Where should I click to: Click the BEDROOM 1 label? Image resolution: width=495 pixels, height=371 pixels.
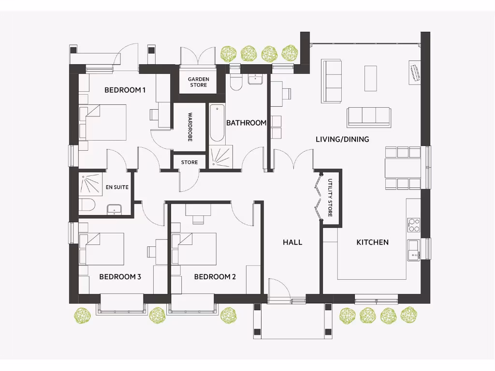pyautogui.click(x=125, y=90)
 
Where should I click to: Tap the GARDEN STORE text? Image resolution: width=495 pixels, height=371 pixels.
pyautogui.click(x=198, y=82)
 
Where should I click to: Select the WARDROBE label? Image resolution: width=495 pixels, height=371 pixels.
pyautogui.click(x=190, y=127)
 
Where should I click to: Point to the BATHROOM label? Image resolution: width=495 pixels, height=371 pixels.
pyautogui.click(x=246, y=123)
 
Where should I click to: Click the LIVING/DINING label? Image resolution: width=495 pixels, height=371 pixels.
pyautogui.click(x=342, y=139)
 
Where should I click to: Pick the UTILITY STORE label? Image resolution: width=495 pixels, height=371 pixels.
pyautogui.click(x=330, y=198)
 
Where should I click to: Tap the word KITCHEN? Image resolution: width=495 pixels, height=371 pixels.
pyautogui.click(x=372, y=242)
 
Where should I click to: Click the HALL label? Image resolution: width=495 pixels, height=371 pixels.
pyautogui.click(x=292, y=242)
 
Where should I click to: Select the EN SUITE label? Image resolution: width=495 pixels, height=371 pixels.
pyautogui.click(x=117, y=187)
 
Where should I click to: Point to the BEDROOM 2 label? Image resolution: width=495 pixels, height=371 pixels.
pyautogui.click(x=215, y=277)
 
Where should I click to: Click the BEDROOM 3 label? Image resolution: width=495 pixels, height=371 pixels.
pyautogui.click(x=120, y=277)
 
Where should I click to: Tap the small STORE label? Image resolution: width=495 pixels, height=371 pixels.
pyautogui.click(x=189, y=162)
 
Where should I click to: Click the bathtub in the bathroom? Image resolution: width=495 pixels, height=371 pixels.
pyautogui.click(x=217, y=123)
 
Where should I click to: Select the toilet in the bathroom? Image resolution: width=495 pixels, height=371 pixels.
pyautogui.click(x=236, y=81)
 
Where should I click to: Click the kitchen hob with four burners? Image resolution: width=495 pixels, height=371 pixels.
pyautogui.click(x=414, y=225)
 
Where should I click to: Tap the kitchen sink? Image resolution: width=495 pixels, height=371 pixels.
pyautogui.click(x=413, y=250)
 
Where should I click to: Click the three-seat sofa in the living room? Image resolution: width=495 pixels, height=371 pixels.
pyautogui.click(x=369, y=116)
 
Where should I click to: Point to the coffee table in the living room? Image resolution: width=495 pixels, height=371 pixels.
pyautogui.click(x=370, y=78)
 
